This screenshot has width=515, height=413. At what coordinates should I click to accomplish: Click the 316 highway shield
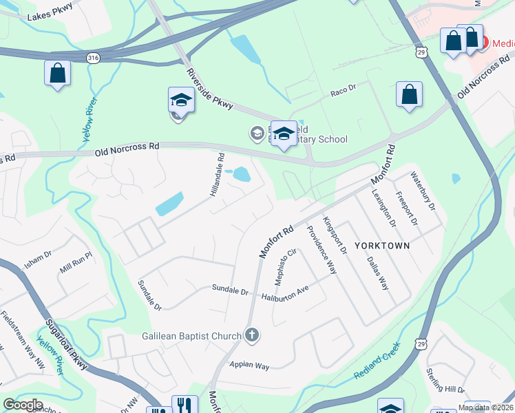pyautogui.click(x=94, y=59)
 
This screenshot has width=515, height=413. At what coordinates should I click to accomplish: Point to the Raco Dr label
pyautogui.click(x=343, y=89)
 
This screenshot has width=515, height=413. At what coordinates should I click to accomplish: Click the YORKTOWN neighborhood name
pyautogui.click(x=382, y=246)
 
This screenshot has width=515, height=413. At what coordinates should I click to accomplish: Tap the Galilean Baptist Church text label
pyautogui.click(x=192, y=336)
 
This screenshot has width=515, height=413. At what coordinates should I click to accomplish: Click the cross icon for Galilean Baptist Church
pyautogui.click(x=253, y=336)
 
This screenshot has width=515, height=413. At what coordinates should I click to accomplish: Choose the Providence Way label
pyautogui.click(x=321, y=250)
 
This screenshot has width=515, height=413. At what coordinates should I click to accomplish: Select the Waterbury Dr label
pyautogui.click(x=423, y=191)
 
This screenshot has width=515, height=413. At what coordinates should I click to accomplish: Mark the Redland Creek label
pyautogui.click(x=377, y=366)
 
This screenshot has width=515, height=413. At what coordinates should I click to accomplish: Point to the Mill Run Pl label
pyautogui.click(x=75, y=262)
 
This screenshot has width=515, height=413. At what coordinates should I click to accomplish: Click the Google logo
pyautogui.click(x=23, y=405)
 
